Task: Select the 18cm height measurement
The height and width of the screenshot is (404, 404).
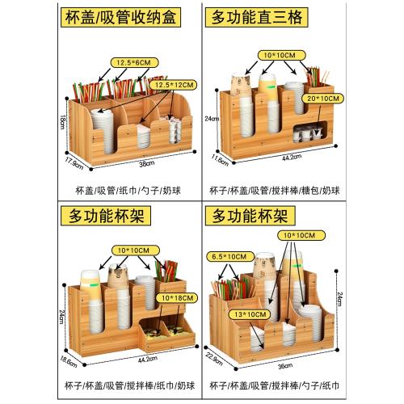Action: pos(61,119)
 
